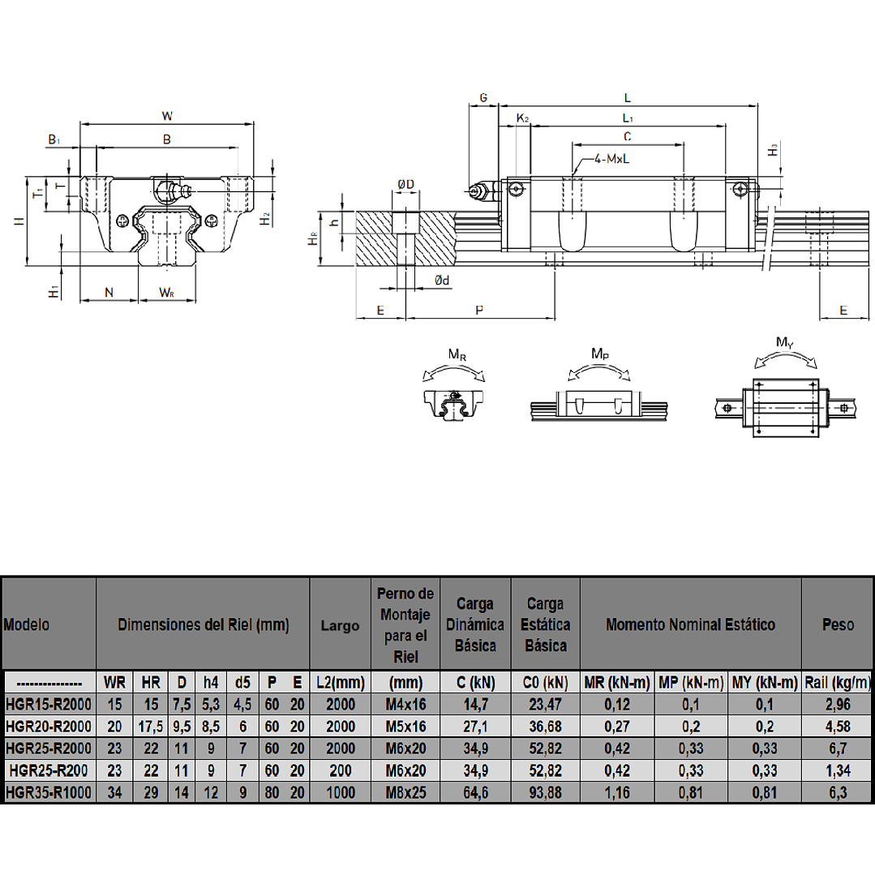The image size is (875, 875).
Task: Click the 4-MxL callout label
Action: pos(611,159)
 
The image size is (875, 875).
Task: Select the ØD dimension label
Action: pos(405,184)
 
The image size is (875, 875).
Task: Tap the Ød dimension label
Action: pos(442,280)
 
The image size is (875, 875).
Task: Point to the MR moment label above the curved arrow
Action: pos(457,354)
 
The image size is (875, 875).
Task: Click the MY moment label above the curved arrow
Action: pos(785,343)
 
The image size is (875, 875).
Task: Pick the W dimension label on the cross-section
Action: pos(167,116)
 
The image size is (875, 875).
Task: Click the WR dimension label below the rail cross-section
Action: pos(166,293)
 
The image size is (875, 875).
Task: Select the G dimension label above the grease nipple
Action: pos(483,97)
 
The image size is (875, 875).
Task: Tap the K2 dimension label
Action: pos(522,118)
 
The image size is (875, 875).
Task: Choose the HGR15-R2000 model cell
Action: pos(49,704)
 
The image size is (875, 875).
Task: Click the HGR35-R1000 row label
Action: pos(49,792)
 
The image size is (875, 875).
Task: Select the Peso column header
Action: pos(839,624)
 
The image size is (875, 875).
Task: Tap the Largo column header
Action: pos(340,625)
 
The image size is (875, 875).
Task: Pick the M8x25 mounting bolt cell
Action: pos(405,792)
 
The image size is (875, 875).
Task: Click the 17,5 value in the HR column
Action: pos(151,727)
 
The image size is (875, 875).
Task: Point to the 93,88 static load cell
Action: pos(545,792)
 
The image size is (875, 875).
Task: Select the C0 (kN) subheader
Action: pos(545,683)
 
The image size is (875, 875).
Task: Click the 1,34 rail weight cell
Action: pos(839,770)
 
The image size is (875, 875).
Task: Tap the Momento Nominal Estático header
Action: pos(691,624)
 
